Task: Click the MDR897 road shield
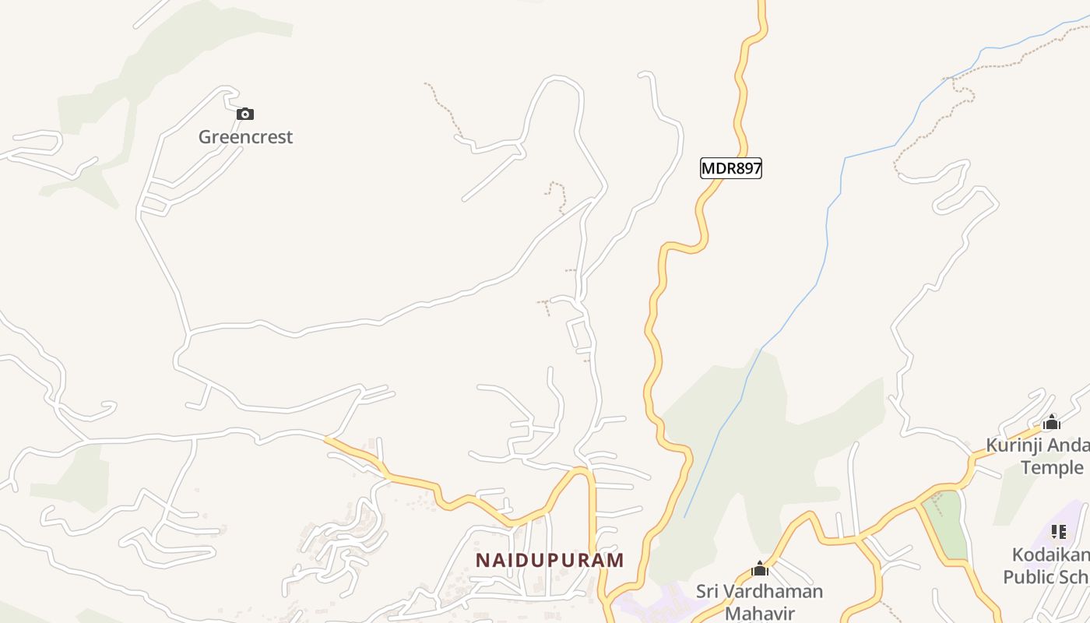(x=730, y=168)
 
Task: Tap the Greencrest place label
(x=245, y=137)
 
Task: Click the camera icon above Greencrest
(x=245, y=114)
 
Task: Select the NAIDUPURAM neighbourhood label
(x=550, y=560)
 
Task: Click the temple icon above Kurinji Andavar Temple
(x=1052, y=423)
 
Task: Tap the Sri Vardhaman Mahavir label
(x=759, y=601)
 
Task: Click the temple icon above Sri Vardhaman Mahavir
(x=760, y=569)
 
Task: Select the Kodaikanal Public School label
(x=1047, y=566)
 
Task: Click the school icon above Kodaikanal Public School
(x=1058, y=532)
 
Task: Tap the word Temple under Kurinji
(x=1052, y=467)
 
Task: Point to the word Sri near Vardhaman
(x=708, y=591)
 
